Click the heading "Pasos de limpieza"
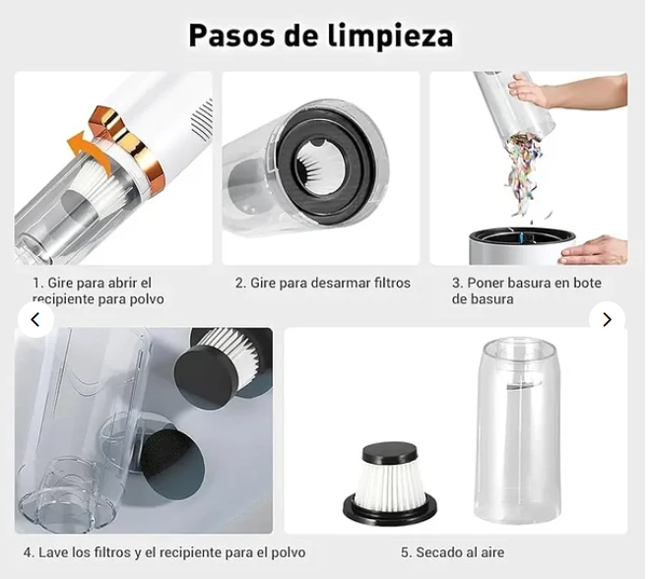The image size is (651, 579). pos(321,35)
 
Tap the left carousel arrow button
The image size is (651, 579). pos(35,319)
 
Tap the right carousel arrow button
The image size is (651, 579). pos(607,319)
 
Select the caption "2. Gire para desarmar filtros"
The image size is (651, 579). pos(322,283)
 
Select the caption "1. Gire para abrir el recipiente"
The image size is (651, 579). pos(98,290)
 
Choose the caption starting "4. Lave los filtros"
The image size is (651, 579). pos(164,552)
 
